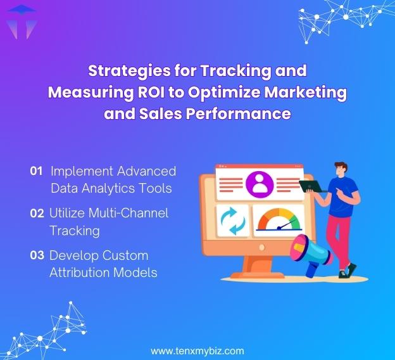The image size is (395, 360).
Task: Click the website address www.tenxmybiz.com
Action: pos(197,350)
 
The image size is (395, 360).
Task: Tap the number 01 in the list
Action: pos(36,171)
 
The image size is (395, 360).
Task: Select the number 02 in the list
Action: pos(37,214)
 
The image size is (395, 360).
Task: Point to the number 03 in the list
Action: pos(37,255)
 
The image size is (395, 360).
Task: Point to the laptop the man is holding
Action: pos(313,186)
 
